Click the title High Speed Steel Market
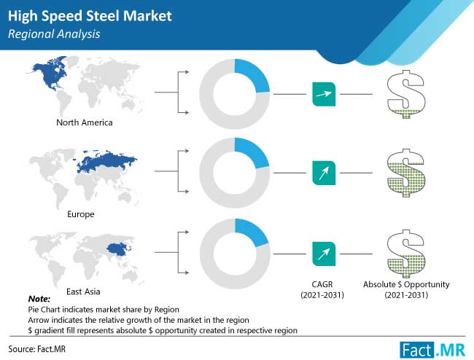(90, 16)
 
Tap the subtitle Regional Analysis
(54, 34)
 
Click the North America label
(85, 122)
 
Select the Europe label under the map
(81, 214)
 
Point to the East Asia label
(83, 291)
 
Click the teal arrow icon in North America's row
(324, 94)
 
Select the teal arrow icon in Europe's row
(324, 173)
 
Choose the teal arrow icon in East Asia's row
(324, 254)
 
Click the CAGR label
(322, 284)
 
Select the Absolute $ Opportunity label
(406, 284)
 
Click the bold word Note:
(39, 299)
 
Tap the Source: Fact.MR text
(37, 349)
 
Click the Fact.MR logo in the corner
(432, 351)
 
